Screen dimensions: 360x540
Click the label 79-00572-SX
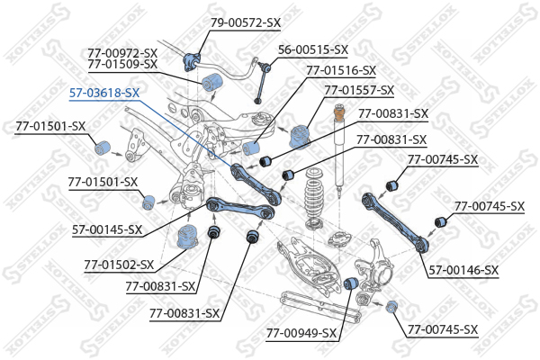pos(245,22)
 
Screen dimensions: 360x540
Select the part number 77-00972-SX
pos(122,52)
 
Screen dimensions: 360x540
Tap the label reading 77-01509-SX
pos(122,64)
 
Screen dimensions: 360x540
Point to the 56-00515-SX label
pos(312,49)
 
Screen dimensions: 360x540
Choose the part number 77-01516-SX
pos(341,69)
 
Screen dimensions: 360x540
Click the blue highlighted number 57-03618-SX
pos(104,92)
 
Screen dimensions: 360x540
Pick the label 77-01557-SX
pos(360,90)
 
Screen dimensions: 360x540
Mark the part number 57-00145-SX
pos(107,229)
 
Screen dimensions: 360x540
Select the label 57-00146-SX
pos(463,269)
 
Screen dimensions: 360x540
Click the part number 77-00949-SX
pos(301,333)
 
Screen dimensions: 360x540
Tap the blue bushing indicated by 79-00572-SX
pos(191,60)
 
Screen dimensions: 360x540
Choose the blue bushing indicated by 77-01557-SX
pos(299,135)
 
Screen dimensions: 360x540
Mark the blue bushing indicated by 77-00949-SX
pos(354,284)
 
